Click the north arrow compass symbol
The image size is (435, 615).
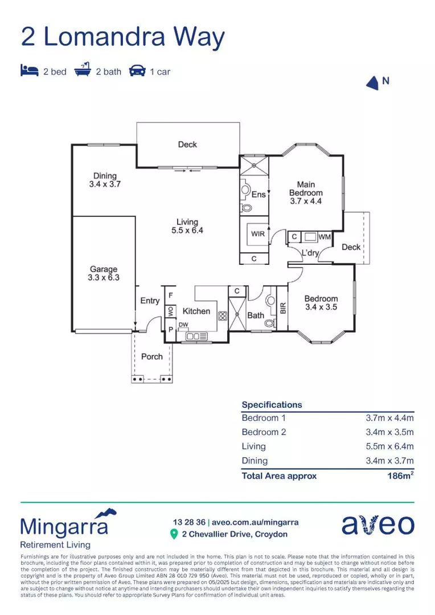click(372, 83)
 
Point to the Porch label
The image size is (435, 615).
click(151, 356)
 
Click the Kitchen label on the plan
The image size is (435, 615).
click(196, 311)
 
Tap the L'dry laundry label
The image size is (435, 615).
click(310, 253)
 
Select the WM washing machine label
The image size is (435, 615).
click(325, 236)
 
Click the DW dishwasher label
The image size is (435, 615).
click(183, 325)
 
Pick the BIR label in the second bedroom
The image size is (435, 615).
click(282, 308)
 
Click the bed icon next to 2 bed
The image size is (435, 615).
click(29, 71)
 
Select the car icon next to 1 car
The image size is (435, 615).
click(137, 71)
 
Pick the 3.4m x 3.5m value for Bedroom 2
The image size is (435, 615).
click(389, 432)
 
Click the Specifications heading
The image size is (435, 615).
click(272, 405)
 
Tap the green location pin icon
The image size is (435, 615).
click(174, 534)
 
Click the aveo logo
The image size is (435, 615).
click(377, 525)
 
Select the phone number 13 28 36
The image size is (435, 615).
click(189, 522)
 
